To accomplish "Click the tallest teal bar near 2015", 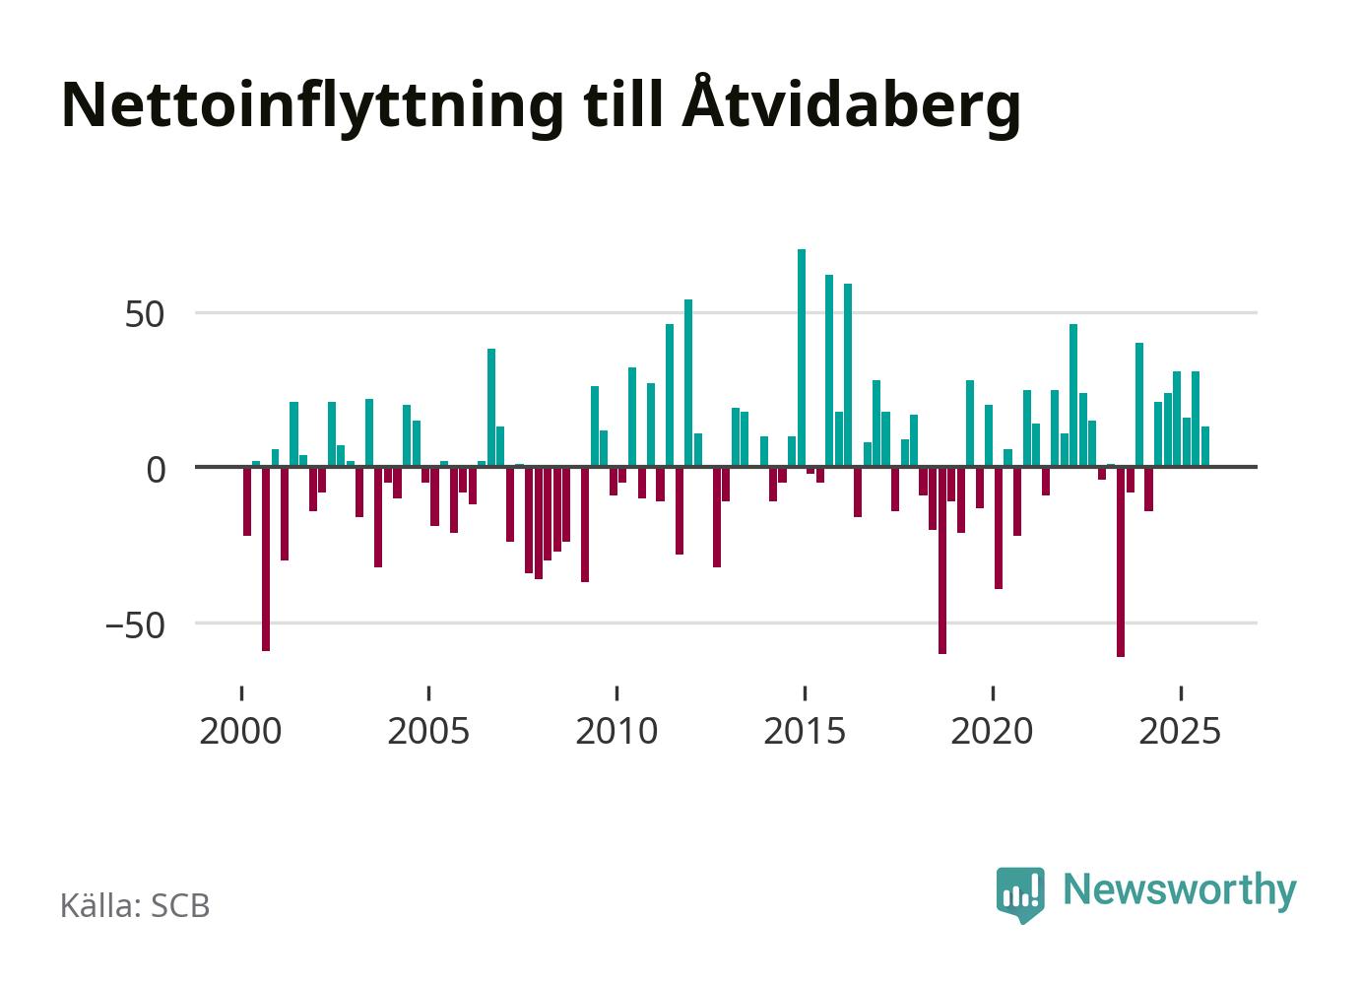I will (x=802, y=358).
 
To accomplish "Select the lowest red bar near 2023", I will (x=1121, y=561).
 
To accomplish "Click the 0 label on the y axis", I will (x=157, y=470).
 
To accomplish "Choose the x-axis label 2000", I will (x=240, y=732).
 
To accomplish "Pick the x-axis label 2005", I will (x=428, y=732).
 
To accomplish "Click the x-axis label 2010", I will (x=616, y=732).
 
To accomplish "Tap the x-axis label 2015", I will (x=805, y=732).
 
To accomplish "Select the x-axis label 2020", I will (x=993, y=732).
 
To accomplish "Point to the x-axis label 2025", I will (x=1180, y=732).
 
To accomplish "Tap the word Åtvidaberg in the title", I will (x=850, y=104).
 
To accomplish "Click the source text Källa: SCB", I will (x=135, y=905).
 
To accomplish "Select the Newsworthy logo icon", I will (x=1019, y=893).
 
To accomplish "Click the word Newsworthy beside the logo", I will (x=1180, y=889).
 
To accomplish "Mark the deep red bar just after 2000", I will (x=266, y=558).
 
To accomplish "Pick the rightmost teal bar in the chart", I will (x=1205, y=446).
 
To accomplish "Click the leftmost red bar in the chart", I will (x=247, y=501).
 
